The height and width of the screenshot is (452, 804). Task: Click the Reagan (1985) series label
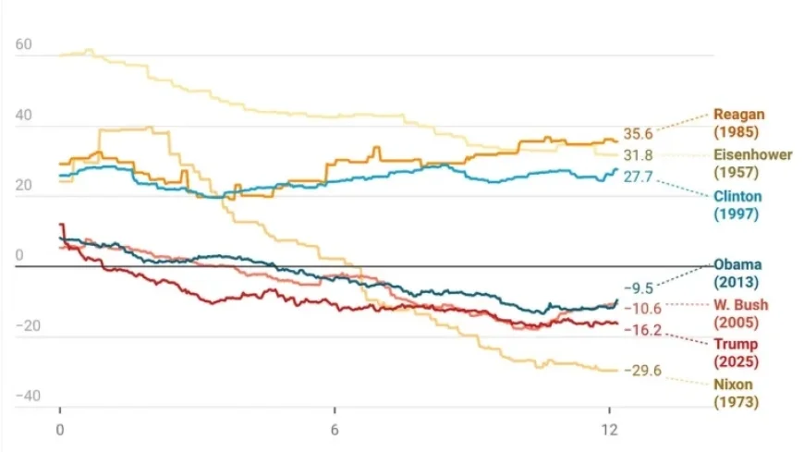(x=739, y=123)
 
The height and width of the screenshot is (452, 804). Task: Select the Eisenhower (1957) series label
(x=752, y=164)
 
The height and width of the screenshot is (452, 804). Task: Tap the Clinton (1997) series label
(x=737, y=205)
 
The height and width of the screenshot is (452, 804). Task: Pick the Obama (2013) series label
(x=737, y=273)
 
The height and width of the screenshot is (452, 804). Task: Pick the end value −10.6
(x=641, y=308)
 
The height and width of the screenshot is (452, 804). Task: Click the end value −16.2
(x=641, y=330)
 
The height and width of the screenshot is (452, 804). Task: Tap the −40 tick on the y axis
(x=27, y=396)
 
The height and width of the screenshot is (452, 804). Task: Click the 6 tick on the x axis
(x=335, y=430)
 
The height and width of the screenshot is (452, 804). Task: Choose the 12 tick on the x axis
(x=609, y=430)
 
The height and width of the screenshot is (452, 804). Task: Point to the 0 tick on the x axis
(x=60, y=430)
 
